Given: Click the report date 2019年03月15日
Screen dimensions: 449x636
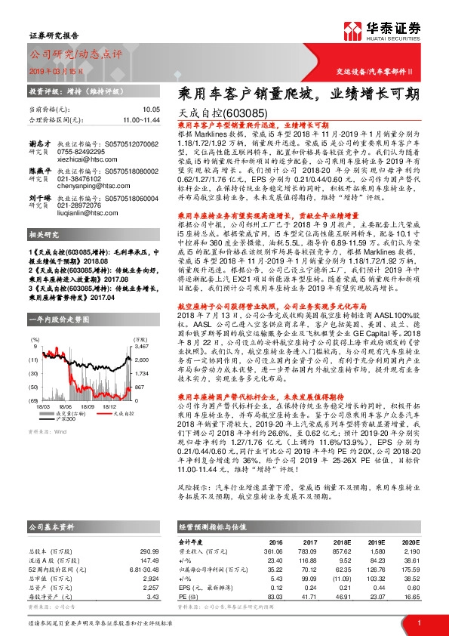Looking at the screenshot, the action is (x=53, y=69).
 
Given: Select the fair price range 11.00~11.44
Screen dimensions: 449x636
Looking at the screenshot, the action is (x=141, y=120).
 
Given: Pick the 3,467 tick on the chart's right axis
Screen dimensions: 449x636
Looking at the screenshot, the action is (x=142, y=346).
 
